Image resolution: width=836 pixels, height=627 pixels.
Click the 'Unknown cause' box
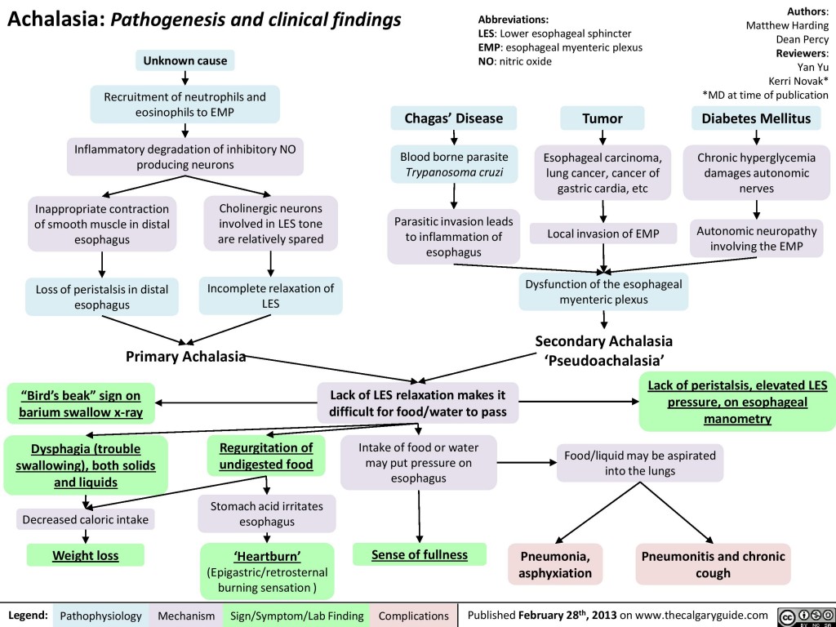point(186,60)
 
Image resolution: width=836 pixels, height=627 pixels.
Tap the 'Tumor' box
point(602,118)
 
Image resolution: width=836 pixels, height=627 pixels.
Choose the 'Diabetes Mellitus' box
point(756,118)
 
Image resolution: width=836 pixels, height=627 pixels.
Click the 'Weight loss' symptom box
point(86,556)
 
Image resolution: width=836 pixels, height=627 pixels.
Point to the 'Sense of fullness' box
point(420,555)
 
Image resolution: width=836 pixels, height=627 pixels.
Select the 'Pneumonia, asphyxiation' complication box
point(555,564)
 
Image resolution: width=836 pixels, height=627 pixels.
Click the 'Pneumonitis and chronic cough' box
point(714,564)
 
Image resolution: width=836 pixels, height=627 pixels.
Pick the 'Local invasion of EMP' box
point(603,234)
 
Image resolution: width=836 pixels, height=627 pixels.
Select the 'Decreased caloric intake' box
point(86,518)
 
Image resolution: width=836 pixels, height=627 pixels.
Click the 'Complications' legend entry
point(411,615)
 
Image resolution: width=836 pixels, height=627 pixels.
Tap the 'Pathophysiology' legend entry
point(101,615)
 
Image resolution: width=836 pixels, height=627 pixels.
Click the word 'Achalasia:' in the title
point(54,20)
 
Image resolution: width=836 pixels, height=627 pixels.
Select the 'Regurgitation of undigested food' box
point(265,456)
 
